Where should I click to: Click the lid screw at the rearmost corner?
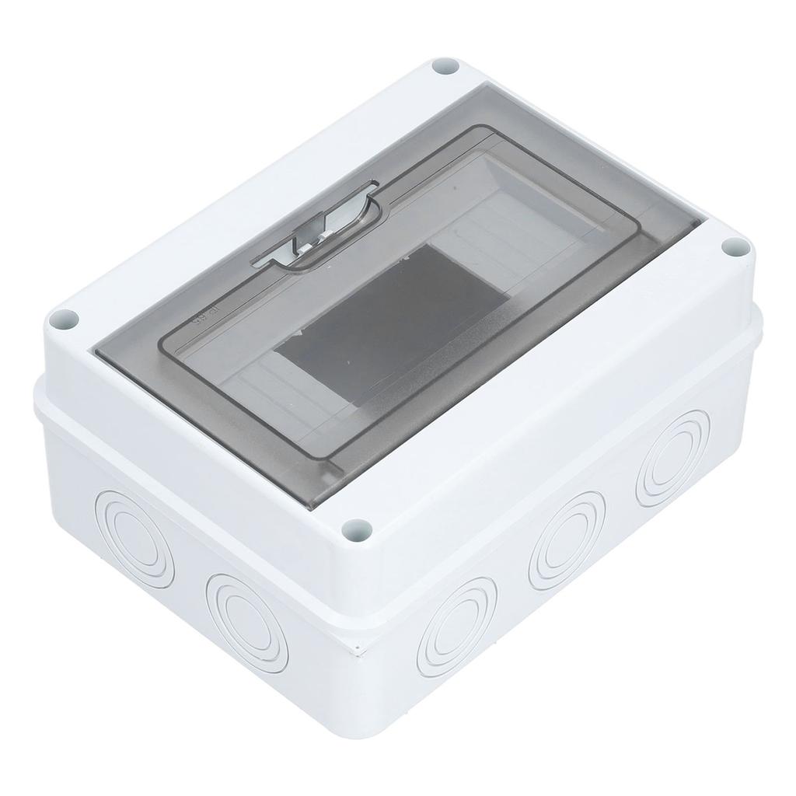(445, 66)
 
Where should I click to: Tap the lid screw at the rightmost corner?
(734, 248)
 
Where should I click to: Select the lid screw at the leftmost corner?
(65, 319)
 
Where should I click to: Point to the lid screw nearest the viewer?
(357, 530)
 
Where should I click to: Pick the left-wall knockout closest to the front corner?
(247, 623)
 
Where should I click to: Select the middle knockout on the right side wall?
(566, 539)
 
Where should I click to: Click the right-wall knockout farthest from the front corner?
(672, 458)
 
